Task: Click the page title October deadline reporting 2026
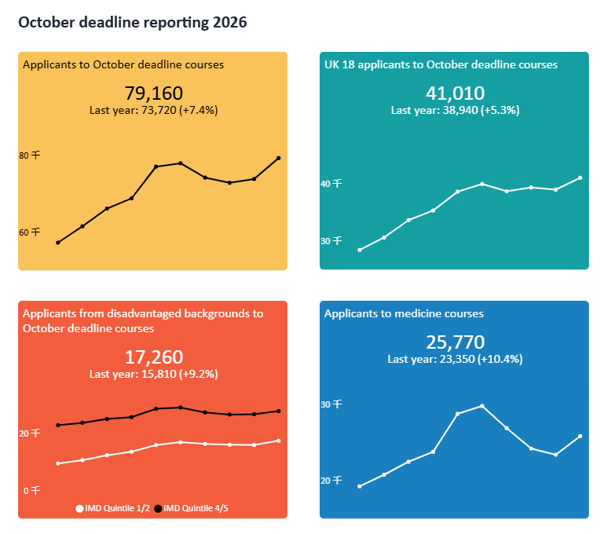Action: [x=132, y=23]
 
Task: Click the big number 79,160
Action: [x=154, y=93]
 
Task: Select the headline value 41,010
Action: [x=455, y=93]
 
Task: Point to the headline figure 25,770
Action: [x=455, y=342]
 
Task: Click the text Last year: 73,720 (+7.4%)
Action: [x=154, y=111]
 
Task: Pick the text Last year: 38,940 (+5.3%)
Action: [x=455, y=111]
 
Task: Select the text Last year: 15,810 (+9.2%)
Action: [x=154, y=375]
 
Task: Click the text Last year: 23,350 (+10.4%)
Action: [x=455, y=359]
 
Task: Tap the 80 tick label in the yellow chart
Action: [x=29, y=155]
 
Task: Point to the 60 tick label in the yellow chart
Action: [x=29, y=232]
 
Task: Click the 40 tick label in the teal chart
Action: [x=331, y=184]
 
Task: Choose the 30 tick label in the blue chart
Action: [x=331, y=404]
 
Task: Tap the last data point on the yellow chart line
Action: [x=279, y=159]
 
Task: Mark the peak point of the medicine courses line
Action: [x=481, y=406]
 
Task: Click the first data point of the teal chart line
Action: [x=360, y=251]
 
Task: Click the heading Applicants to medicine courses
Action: [x=404, y=313]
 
